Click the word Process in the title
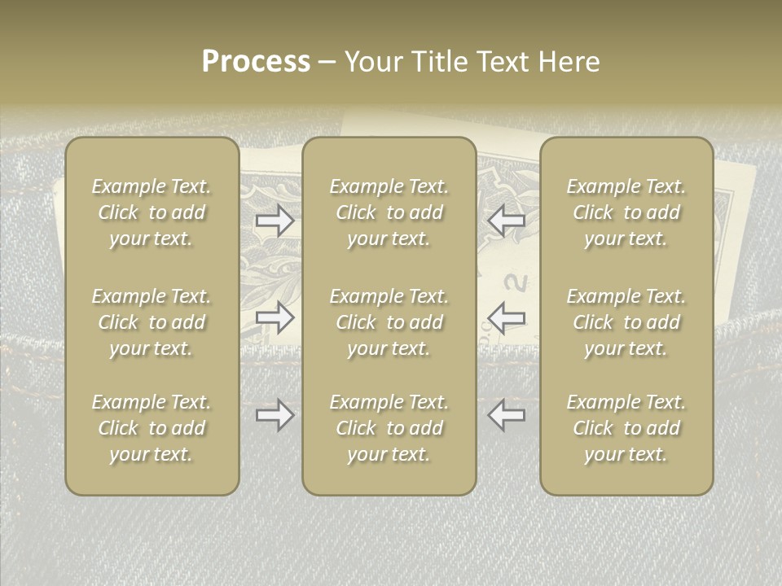256,62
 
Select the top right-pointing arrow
275,221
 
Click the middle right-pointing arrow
275,317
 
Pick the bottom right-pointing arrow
275,416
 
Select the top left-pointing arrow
506,221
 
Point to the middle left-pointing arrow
506,317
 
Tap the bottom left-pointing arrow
506,415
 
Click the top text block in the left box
152,212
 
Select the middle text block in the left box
152,322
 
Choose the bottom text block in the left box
152,428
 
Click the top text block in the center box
389,212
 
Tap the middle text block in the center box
389,322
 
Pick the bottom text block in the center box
389,428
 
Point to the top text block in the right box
626,212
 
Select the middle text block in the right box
626,322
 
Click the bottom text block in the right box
626,428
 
